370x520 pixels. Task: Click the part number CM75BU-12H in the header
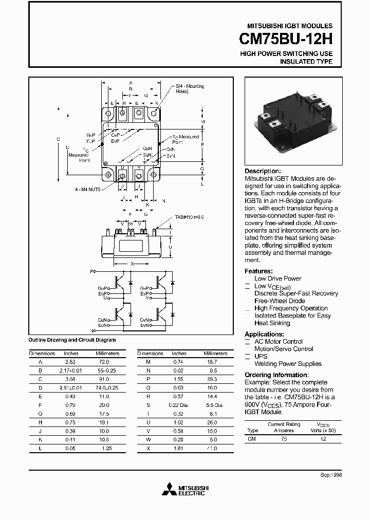[x=286, y=39]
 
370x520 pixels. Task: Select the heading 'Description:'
[x=263, y=171]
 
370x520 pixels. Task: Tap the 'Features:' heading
[x=258, y=271]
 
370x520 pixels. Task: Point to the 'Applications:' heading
[x=264, y=334]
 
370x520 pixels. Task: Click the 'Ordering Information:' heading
[x=276, y=375]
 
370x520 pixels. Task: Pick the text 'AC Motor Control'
[x=279, y=342]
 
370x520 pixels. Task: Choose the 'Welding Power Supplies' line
[x=288, y=364]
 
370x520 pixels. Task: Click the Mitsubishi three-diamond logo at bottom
[x=169, y=490]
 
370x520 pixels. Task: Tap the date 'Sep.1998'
[x=331, y=475]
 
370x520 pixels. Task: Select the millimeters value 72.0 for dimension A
[x=104, y=362]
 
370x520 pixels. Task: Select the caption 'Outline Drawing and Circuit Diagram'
[x=72, y=340]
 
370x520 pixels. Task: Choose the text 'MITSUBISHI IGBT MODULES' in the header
[x=290, y=26]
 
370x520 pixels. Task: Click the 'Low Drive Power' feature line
[x=277, y=278]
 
